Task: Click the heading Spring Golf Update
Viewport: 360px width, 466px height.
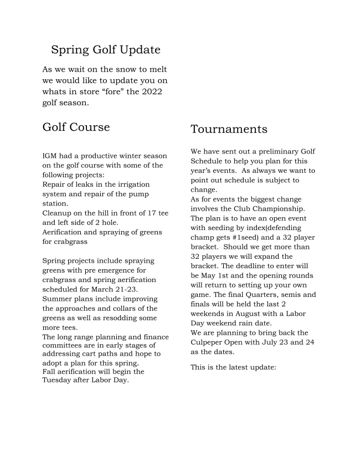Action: point(105,50)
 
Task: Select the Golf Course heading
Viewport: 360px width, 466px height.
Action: point(76,127)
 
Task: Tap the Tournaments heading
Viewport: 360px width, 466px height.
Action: point(229,129)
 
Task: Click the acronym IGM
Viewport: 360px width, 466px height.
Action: point(50,156)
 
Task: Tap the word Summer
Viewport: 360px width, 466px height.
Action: point(56,299)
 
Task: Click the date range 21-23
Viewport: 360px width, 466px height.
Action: point(127,289)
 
